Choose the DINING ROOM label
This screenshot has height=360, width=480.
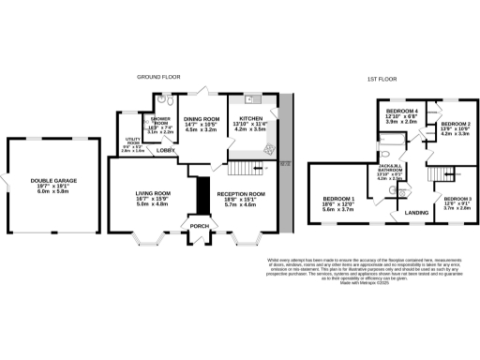[x=201, y=121]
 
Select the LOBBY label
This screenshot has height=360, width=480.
[x=166, y=150]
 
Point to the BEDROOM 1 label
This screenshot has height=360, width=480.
[x=338, y=200]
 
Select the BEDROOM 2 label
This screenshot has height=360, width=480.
[x=456, y=125]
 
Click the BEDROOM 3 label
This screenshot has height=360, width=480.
[x=457, y=200]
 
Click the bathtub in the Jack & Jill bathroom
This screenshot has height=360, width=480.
[x=396, y=144]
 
